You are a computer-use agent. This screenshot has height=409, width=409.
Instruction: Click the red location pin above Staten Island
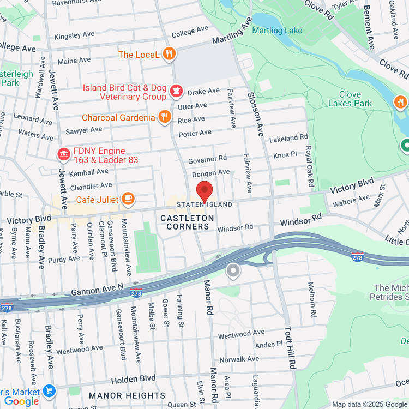pos(204,191)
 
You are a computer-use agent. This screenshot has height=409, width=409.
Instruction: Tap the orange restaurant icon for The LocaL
pos(170,53)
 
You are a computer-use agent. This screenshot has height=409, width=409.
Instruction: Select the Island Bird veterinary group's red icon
pos(176,91)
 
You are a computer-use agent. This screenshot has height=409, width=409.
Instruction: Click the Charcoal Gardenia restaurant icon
pos(165,117)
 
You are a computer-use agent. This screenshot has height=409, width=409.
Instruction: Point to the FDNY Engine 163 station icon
pos(64,154)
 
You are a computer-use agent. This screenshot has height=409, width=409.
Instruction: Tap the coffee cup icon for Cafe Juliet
pos(128,199)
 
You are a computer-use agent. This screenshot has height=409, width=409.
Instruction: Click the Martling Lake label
pos(277,31)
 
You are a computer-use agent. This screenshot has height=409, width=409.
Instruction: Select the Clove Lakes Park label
pos(350,99)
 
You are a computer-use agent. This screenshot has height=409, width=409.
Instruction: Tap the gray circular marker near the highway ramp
pos(233,271)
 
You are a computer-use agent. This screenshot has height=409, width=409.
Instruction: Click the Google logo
pos(21,401)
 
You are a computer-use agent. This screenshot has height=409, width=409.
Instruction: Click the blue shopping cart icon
pos(50,391)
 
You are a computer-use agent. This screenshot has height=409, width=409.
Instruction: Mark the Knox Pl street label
pos(285,155)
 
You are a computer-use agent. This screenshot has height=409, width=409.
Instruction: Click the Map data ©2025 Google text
pos(370,404)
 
